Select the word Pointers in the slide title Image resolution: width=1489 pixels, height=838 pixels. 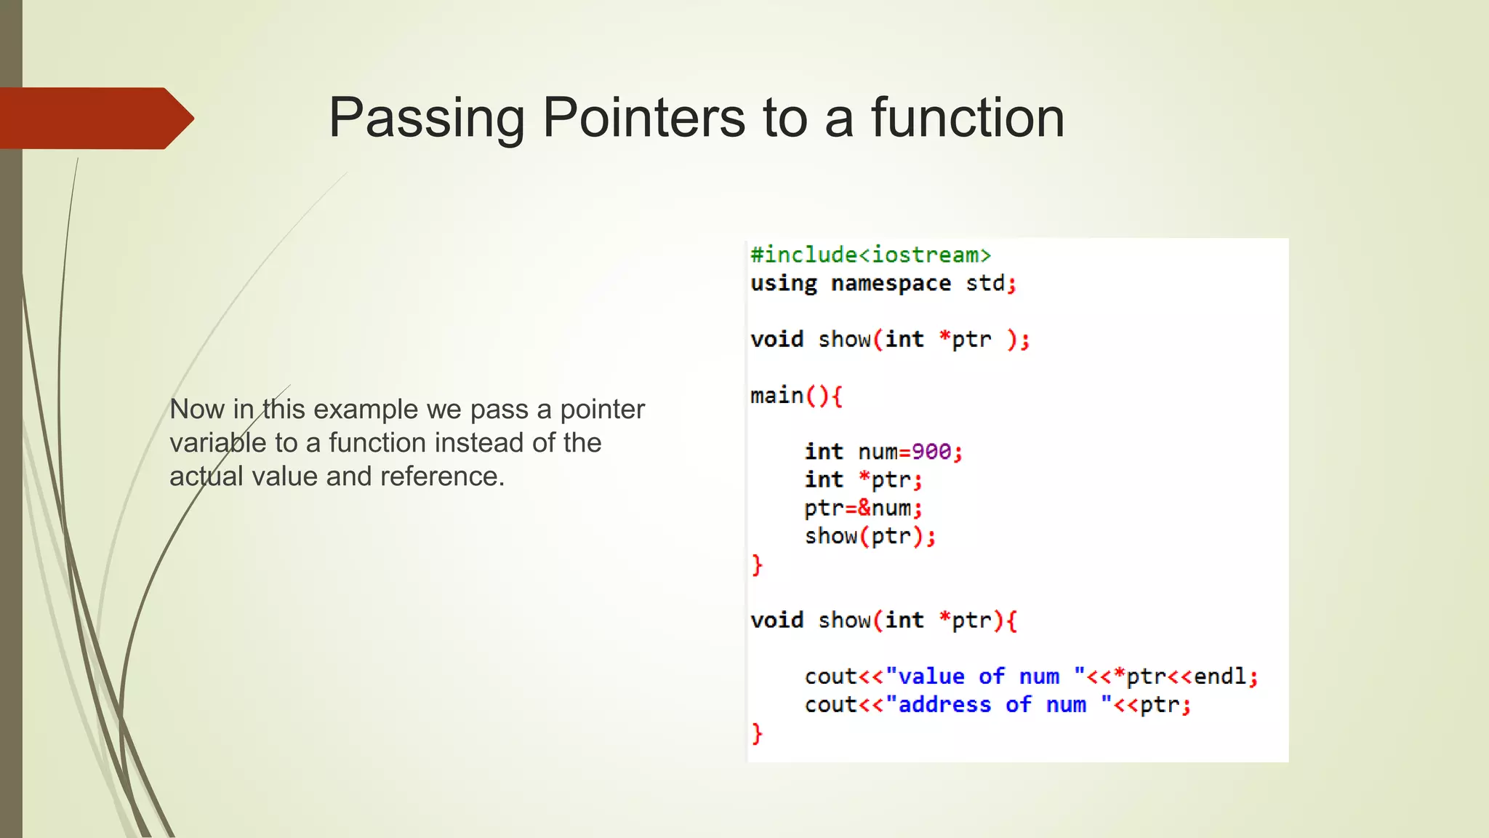pos(643,118)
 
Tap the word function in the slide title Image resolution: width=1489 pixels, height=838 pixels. pos(968,118)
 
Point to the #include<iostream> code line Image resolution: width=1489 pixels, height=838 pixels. pos(870,255)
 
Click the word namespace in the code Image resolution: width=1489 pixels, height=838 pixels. pos(891,283)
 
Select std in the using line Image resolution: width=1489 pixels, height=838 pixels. pos(985,283)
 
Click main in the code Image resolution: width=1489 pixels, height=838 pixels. pos(777,396)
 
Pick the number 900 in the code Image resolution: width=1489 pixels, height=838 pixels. pos(931,452)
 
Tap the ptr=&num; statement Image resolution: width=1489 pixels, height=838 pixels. pos(863,508)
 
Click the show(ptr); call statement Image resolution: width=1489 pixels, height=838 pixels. pos(870,536)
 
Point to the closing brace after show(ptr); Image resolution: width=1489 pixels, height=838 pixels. pos(757,564)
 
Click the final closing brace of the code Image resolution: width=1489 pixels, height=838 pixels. pos(757,733)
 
